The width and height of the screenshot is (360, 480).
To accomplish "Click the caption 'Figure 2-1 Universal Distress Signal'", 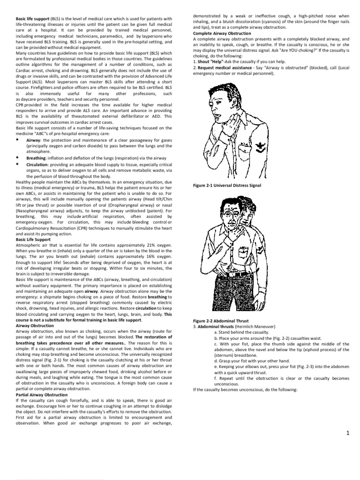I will click(x=227, y=186).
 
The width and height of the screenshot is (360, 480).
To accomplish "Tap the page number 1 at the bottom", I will click(x=348, y=433).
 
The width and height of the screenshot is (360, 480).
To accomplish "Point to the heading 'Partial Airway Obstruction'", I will click(x=42, y=395).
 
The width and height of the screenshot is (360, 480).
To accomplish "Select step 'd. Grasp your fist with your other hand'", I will click(x=252, y=361).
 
